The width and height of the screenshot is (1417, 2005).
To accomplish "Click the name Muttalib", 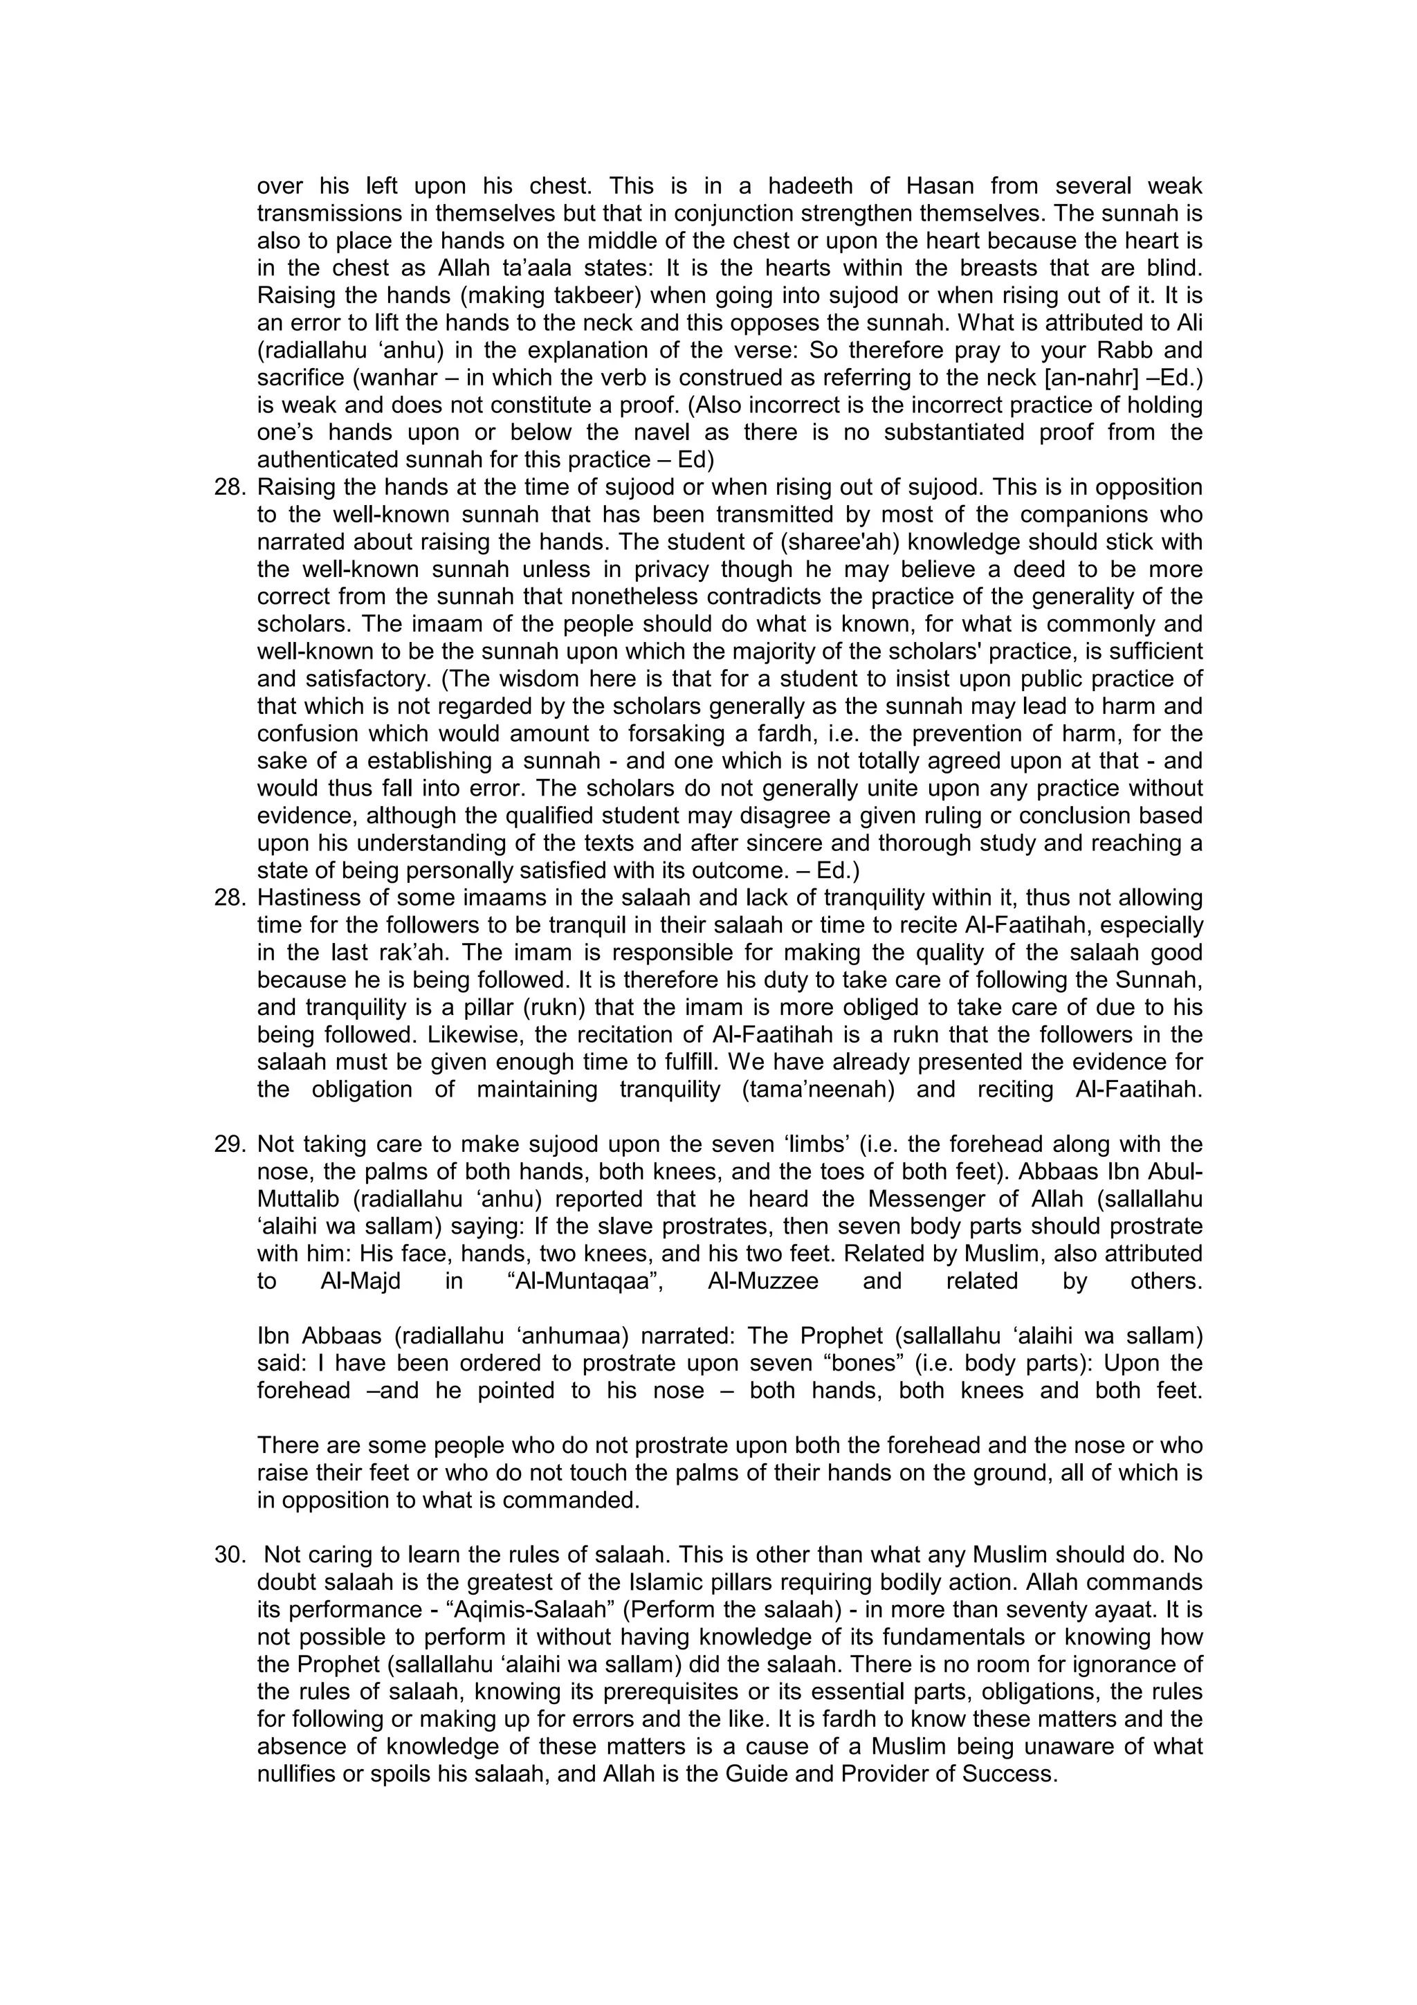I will (x=296, y=1199).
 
